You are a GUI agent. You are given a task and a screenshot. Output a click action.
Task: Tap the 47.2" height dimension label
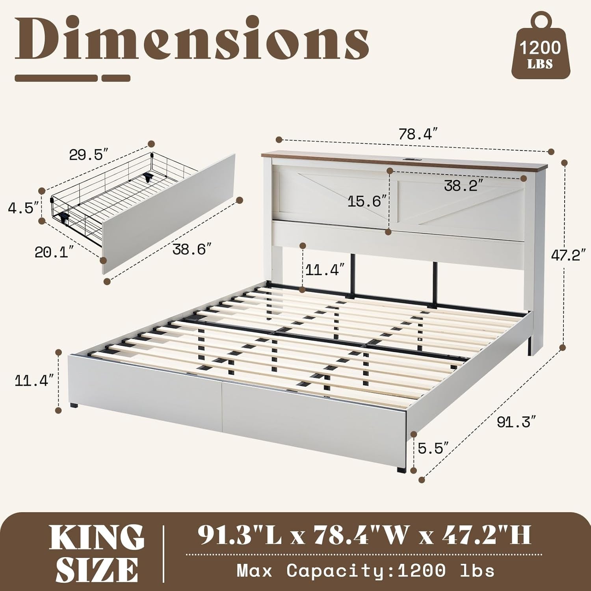[x=566, y=256]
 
